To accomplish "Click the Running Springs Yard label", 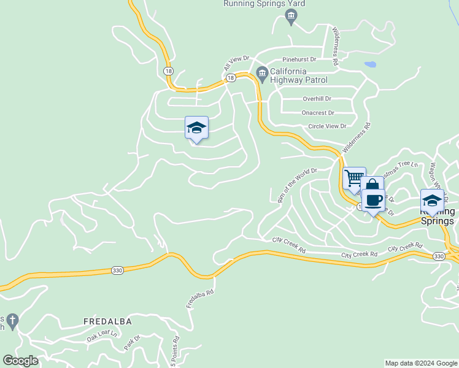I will pos(264,4).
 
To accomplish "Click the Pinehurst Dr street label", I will pos(299,59).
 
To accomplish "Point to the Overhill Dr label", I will pos(317,99).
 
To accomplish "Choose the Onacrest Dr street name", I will pos(318,113).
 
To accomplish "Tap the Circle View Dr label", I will pos(327,126).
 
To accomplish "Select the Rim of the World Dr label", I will pos(297,185).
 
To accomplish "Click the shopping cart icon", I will pos(354,178).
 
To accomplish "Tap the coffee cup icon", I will pos(373,200).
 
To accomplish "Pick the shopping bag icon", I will pos(371,186).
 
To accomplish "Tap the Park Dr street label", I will pos(133,342).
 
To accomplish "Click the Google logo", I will pos(20,361).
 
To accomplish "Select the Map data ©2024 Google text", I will pos(421,363).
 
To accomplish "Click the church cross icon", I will pos(12,320).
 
